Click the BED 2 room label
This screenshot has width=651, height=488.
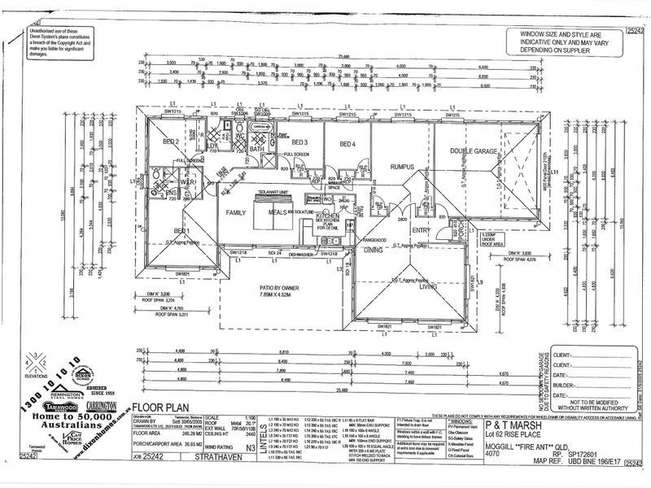(x=171, y=142)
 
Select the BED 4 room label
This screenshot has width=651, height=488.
(x=347, y=145)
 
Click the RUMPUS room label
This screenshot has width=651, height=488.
(x=403, y=167)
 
